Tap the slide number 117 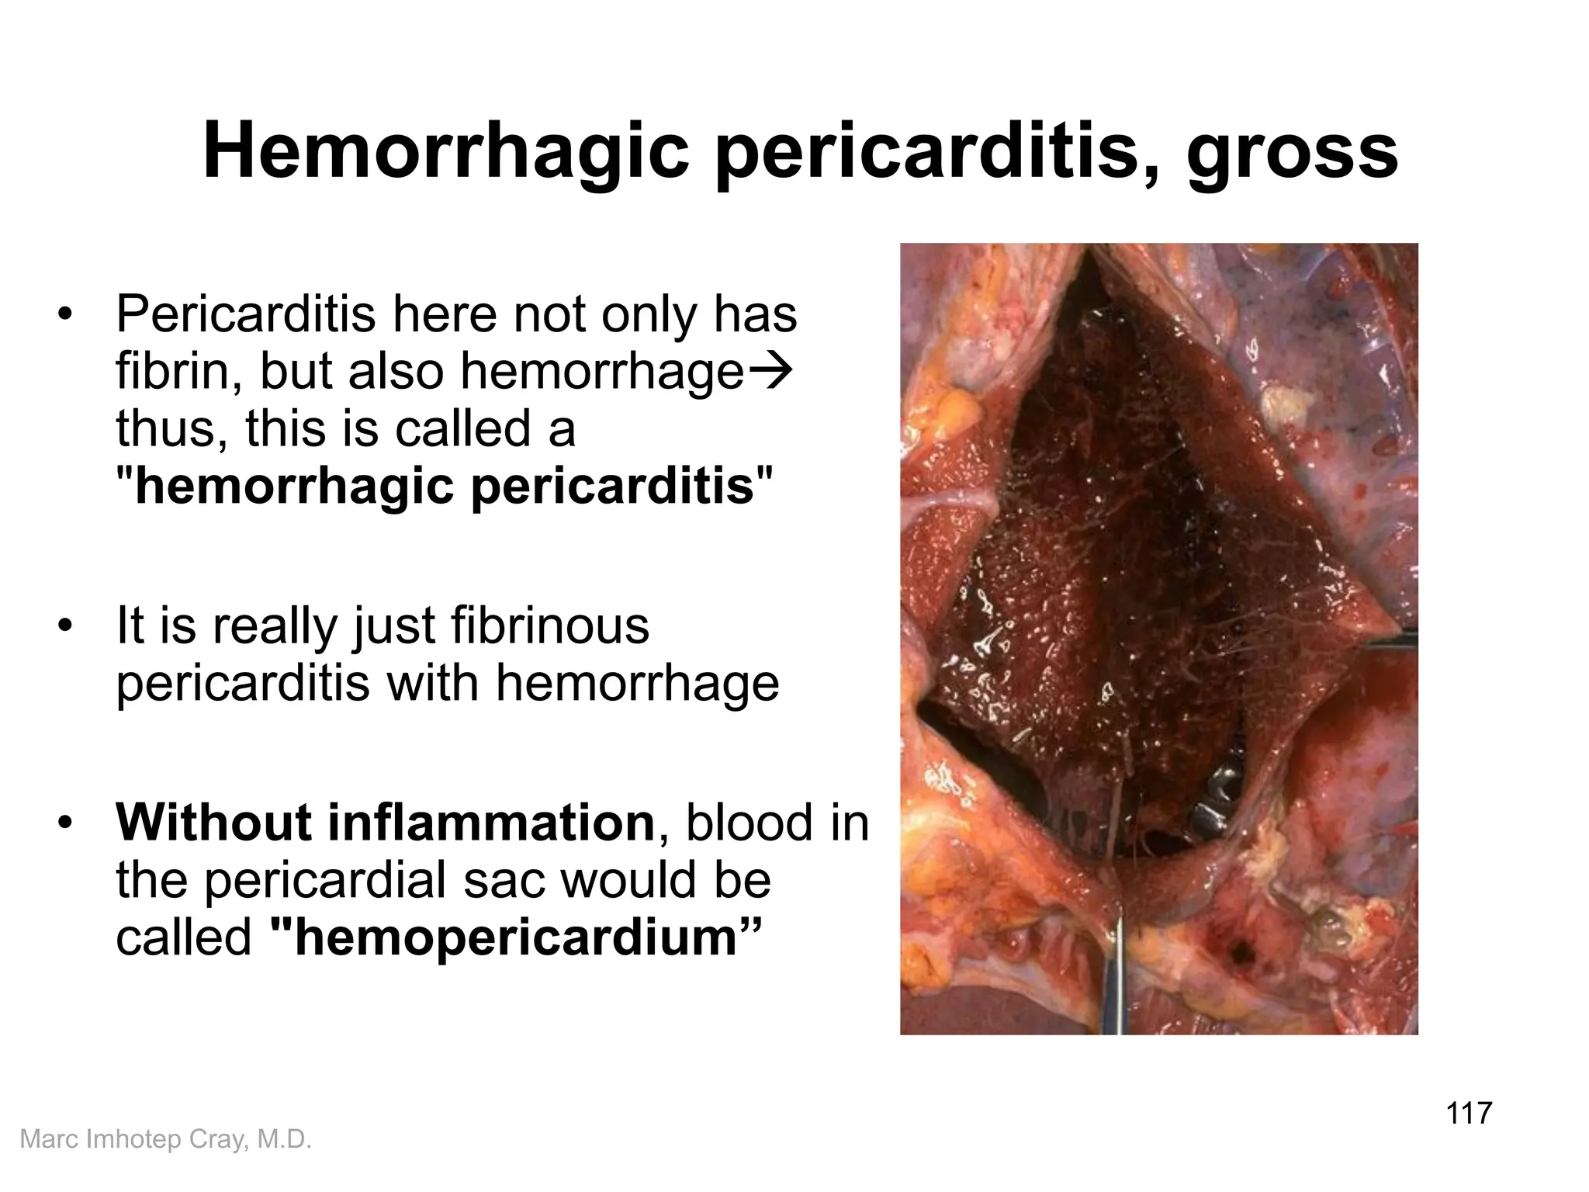tap(1470, 1113)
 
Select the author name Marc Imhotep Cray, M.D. tap(165, 1138)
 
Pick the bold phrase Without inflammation tap(385, 822)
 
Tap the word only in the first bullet tap(650, 315)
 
